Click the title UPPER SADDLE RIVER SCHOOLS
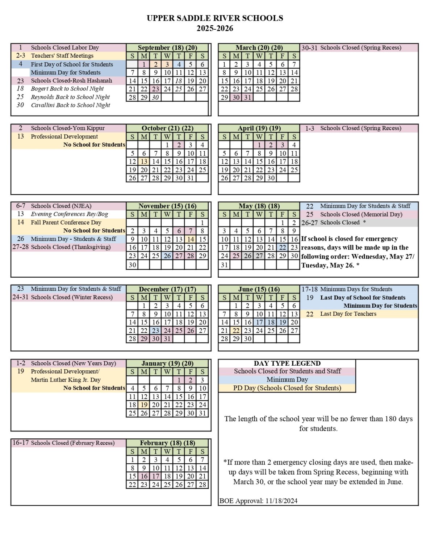pos(215,18)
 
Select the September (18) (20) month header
pos(167,47)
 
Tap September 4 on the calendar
pos(179,64)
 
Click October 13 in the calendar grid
pos(144,161)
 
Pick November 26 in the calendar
pos(167,256)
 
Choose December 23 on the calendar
pos(156,330)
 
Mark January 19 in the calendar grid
pos(144,405)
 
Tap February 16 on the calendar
pos(144,476)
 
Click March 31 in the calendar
pos(248,97)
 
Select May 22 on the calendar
pos(283,248)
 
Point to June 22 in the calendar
pos(236,330)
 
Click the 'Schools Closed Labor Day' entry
pos(65,47)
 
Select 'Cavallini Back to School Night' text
pos(70,105)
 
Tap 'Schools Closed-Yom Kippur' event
pos(68,128)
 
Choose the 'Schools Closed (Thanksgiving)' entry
pos(71,247)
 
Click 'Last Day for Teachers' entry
pos(348,314)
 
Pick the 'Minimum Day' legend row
pos(287,380)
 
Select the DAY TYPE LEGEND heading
pos(287,363)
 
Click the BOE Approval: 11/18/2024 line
pos(259,501)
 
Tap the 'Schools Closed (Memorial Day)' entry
pos(361,214)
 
